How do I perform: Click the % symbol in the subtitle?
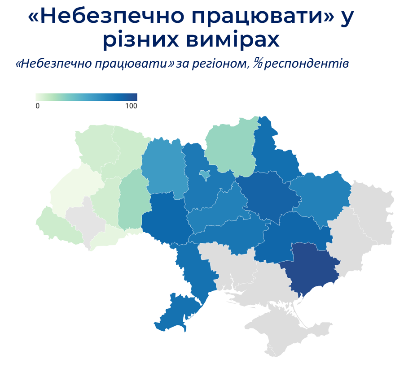tap(257, 63)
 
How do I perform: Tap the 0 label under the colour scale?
tap(38, 106)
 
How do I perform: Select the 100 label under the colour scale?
tap(131, 106)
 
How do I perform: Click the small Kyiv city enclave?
tap(204, 175)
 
